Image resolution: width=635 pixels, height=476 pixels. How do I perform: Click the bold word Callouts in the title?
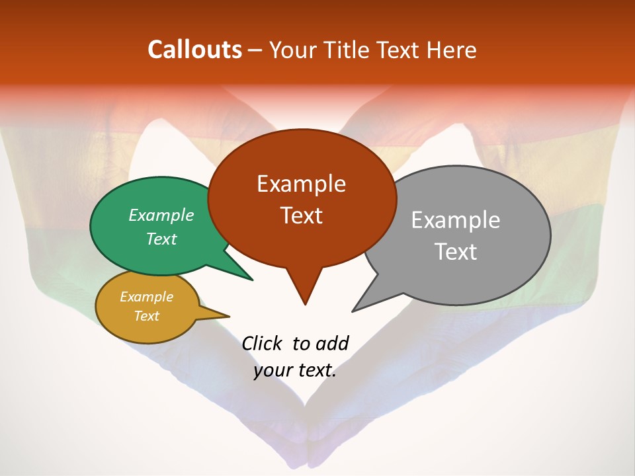point(194,50)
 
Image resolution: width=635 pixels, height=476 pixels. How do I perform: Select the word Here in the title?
point(450,50)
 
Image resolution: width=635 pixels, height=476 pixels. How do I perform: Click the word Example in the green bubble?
point(161,215)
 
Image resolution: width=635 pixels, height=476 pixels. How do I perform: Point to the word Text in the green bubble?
point(161,239)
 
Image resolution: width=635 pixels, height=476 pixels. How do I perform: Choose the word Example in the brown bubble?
point(301,184)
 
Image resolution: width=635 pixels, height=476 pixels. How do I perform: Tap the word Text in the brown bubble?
point(301,216)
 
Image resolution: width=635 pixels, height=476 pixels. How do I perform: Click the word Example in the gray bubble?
point(456,220)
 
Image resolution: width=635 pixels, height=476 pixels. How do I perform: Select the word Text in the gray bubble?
point(456,252)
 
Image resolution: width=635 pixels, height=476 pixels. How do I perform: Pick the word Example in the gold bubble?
point(146,297)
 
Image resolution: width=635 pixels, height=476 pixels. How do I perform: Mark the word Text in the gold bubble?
point(146,316)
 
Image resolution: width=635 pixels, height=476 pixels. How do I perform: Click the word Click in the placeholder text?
point(263,343)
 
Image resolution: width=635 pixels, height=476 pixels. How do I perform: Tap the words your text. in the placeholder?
point(295,370)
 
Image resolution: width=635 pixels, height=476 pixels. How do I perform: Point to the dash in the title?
point(255,50)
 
